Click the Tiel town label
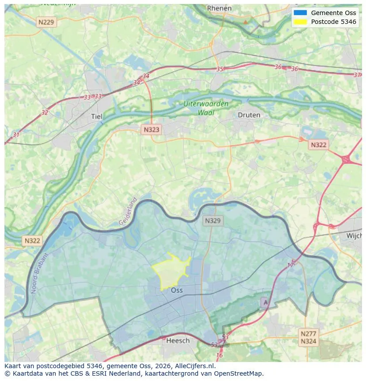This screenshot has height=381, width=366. pos(96,117)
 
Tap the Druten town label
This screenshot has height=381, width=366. pos(249,115)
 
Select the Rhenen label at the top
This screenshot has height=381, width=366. pos(219,8)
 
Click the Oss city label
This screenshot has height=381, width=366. pos(177,290)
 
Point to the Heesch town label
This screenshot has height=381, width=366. pos(178,340)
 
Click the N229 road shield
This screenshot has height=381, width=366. pos(47,22)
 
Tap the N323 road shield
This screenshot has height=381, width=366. pos(152,130)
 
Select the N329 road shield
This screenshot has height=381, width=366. pos(213,220)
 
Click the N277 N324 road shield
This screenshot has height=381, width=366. pos(308,337)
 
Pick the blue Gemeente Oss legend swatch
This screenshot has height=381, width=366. pos(300,13)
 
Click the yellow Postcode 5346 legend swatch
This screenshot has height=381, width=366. pos(300,22)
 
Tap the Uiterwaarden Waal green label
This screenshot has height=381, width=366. pos(206,108)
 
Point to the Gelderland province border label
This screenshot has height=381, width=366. pos(128,211)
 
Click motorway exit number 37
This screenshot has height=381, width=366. pos(357,75)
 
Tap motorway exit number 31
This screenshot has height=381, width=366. pos(16,135)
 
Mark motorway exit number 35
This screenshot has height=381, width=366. pos(220,69)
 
